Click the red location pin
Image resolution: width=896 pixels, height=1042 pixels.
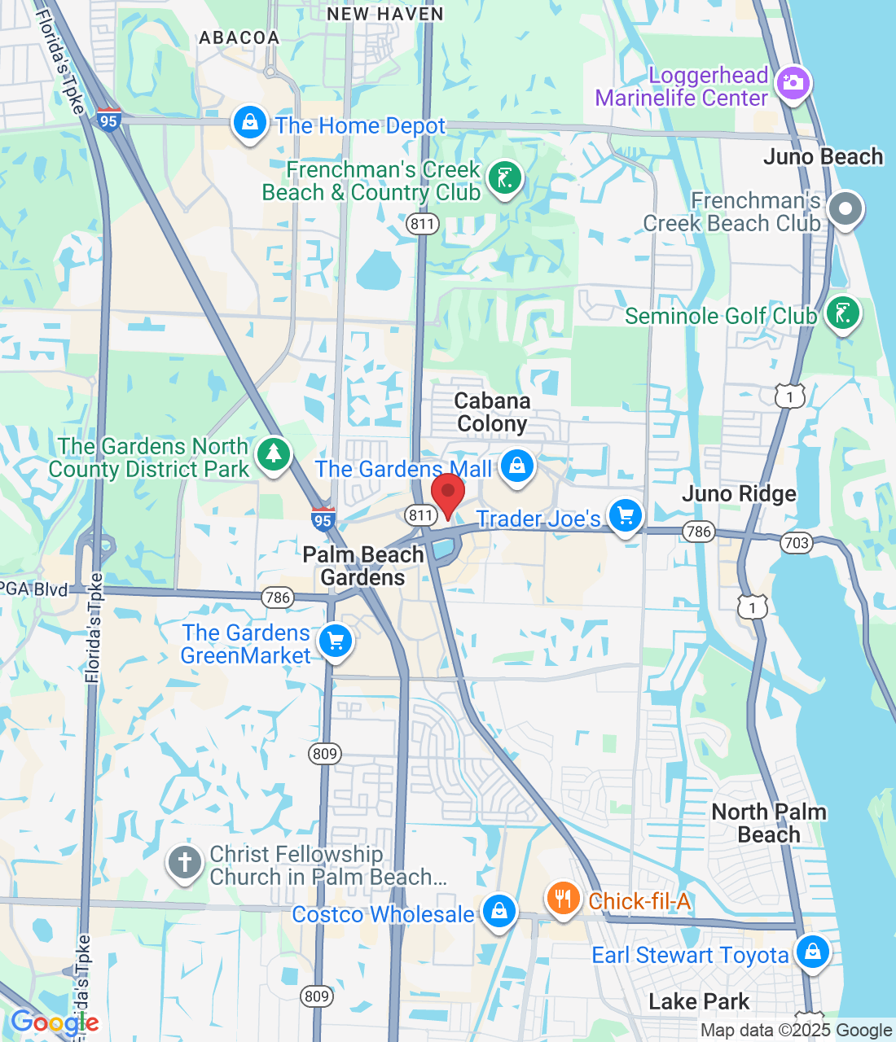coord(447,493)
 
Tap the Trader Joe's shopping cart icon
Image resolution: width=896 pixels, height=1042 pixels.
coord(626,516)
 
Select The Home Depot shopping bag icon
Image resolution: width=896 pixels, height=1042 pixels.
coord(250,124)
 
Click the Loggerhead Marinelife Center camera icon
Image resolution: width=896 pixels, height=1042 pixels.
coord(793,84)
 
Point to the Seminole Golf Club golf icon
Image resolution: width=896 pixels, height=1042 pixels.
coord(842,313)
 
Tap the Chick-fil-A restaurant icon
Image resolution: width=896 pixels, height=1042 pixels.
coord(563,899)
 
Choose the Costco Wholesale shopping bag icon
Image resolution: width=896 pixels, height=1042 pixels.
coord(499,912)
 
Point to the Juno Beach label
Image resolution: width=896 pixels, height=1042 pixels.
coord(823,156)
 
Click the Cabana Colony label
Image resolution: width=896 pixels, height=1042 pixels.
coord(492,412)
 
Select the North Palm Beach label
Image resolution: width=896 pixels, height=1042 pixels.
coord(769,823)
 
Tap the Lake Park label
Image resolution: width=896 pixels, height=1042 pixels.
coord(699,1001)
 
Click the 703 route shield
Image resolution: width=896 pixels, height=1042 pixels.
coord(796,543)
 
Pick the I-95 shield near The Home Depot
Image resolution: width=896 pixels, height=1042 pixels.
coord(108,120)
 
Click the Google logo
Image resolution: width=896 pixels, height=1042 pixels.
coord(55,1022)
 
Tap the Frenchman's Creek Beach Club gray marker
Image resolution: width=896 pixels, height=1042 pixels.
coord(845,209)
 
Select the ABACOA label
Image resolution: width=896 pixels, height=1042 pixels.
coord(239,37)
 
